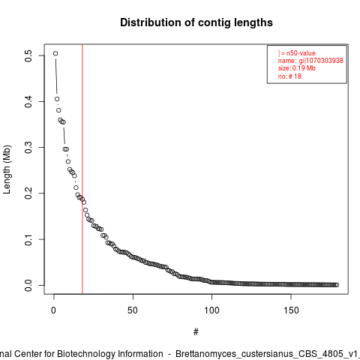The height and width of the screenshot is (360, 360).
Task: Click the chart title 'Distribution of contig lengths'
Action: [196, 22]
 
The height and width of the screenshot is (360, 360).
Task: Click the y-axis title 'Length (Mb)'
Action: [7, 169]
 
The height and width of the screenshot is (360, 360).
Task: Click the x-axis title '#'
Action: [196, 332]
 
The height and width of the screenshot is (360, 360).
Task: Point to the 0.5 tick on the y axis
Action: [28, 55]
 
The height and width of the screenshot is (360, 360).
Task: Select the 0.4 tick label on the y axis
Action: [28, 101]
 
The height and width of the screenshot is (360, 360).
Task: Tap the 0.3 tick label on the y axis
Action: [28, 148]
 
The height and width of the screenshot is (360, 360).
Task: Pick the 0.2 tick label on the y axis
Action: [28, 193]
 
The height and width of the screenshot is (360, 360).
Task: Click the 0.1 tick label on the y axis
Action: [28, 239]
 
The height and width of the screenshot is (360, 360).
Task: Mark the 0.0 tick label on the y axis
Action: [28, 285]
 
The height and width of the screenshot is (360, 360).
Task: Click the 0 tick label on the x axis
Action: [54, 310]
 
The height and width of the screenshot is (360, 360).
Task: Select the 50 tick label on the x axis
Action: [133, 310]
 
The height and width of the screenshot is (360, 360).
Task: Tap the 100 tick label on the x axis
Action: [211, 310]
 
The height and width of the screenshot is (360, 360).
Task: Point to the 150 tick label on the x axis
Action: [291, 310]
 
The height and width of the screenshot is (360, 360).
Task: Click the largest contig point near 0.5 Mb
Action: [55, 53]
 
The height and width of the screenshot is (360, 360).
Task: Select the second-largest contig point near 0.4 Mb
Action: [57, 99]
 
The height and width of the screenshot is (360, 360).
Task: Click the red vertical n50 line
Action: [82, 169]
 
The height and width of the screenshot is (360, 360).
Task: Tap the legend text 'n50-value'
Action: [301, 53]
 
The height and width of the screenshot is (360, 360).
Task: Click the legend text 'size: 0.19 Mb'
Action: [297, 68]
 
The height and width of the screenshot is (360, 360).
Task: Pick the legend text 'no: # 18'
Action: [289, 76]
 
